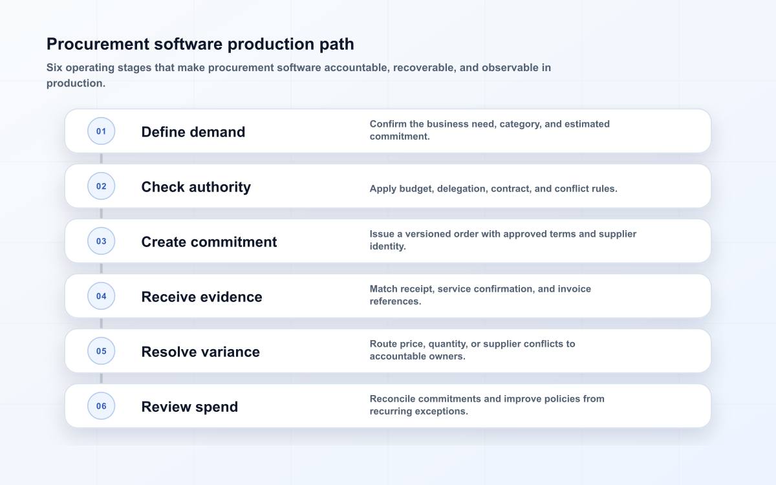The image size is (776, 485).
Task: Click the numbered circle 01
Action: tap(101, 131)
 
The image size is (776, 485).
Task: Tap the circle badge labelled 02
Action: tap(101, 186)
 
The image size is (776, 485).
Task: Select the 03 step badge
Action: tap(101, 241)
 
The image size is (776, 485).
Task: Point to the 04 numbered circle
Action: tap(101, 296)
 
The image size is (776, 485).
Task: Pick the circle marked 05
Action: tap(101, 351)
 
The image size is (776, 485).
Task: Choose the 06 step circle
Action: tap(101, 405)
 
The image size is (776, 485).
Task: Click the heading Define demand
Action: tap(193, 132)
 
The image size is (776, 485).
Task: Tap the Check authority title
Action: tap(196, 187)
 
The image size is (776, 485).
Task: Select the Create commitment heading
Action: tap(209, 242)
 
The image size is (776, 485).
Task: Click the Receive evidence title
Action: tap(202, 297)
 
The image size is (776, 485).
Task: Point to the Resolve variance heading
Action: tap(200, 352)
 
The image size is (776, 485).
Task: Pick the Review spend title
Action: tap(189, 407)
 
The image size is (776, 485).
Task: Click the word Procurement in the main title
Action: tap(98, 44)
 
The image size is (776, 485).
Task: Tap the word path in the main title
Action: tap(336, 45)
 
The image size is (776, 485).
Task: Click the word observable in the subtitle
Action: tap(509, 67)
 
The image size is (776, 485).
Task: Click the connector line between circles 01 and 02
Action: tap(101, 158)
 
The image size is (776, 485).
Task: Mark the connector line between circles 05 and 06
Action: tap(101, 378)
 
